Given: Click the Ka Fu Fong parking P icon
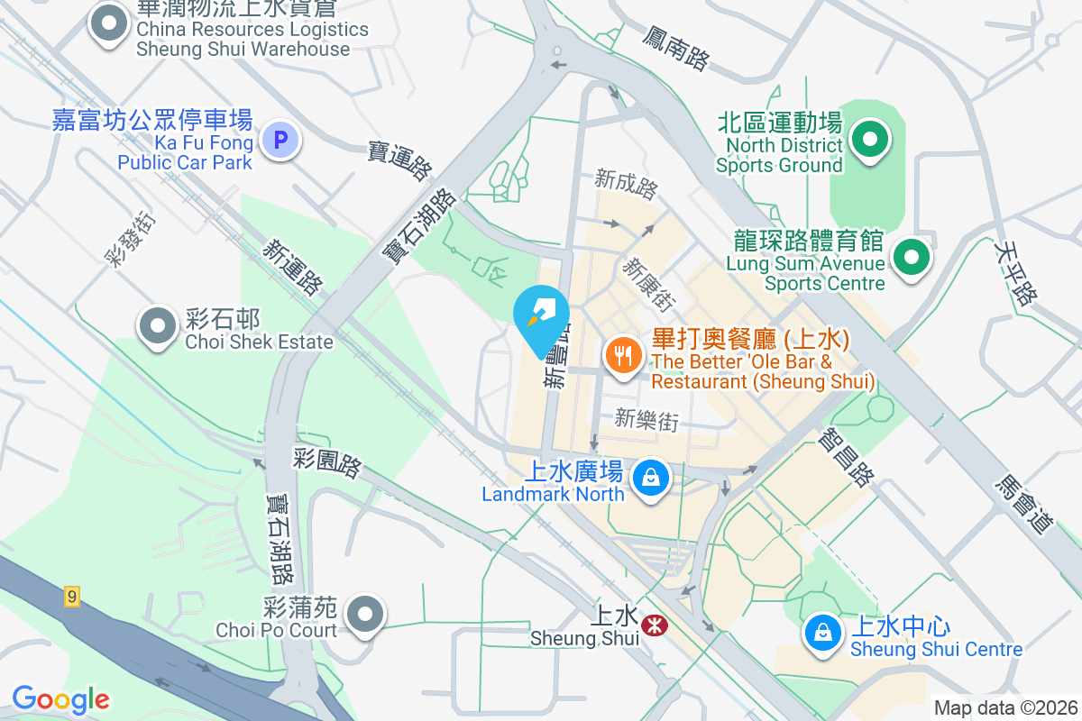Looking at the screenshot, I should (x=280, y=141).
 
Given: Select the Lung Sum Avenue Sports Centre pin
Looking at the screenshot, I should (x=912, y=258).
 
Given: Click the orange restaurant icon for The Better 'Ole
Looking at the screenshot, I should (x=622, y=355).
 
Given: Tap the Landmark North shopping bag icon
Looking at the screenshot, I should (x=650, y=478).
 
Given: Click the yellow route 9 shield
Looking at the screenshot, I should (x=72, y=596).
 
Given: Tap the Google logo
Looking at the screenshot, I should (x=60, y=699).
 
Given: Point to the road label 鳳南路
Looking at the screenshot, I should (x=676, y=48).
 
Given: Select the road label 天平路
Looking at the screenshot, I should (x=1014, y=271).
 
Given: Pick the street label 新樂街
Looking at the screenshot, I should (x=646, y=418).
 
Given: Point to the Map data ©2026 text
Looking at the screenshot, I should (x=1005, y=708).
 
